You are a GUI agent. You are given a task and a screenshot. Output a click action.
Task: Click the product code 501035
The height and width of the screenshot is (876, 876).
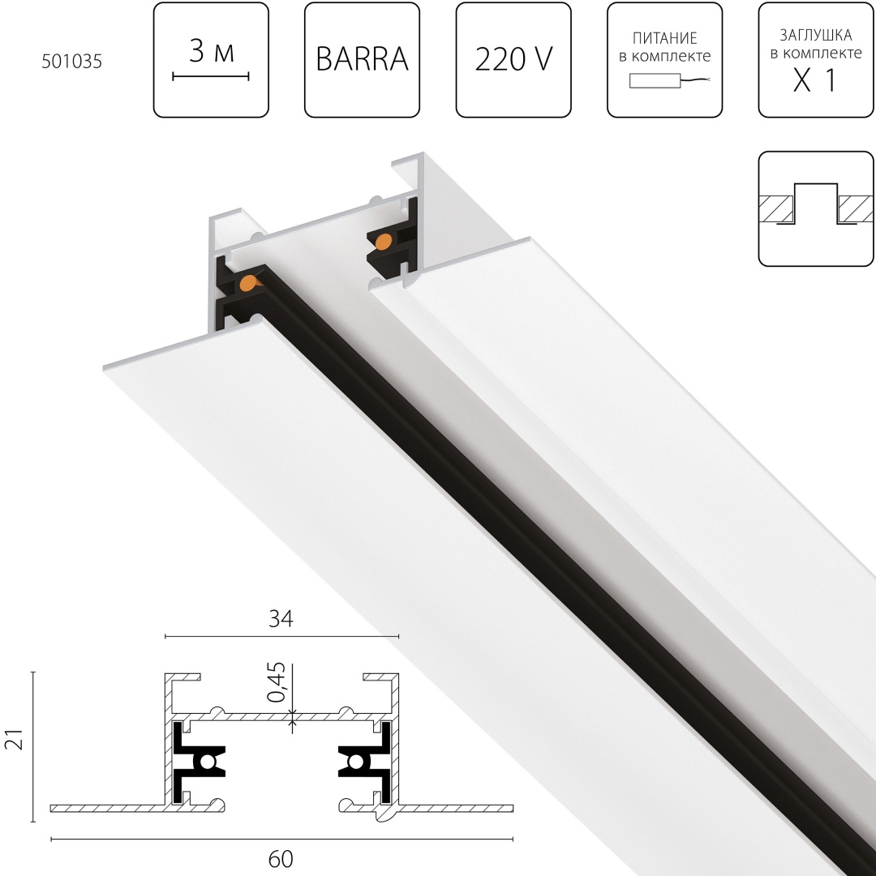71,62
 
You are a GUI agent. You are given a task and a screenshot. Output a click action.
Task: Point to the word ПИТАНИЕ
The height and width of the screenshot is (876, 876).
664,38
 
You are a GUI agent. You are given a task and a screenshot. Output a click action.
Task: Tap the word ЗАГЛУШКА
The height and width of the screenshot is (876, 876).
815,35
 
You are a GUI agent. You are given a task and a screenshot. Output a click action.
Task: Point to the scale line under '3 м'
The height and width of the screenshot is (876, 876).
210,77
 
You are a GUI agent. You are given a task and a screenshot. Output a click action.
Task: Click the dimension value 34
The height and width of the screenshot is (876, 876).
280,620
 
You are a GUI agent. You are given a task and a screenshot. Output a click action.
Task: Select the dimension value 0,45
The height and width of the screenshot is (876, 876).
277,683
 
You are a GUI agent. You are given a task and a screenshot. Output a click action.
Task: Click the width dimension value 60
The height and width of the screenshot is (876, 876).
281,858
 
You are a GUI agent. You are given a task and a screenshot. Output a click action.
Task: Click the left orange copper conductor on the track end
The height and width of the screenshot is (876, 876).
249,282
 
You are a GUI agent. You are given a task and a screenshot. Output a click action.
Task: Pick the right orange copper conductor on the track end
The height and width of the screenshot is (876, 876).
385,241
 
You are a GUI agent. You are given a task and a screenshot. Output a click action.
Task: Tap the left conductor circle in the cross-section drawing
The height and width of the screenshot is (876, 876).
208,762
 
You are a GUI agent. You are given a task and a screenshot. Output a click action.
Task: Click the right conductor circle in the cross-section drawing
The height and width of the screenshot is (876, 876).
355,762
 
